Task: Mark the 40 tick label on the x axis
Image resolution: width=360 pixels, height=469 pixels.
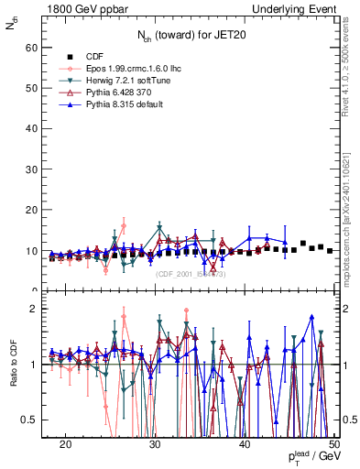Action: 245,444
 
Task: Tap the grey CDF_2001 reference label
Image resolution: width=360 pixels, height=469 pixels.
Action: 191,274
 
